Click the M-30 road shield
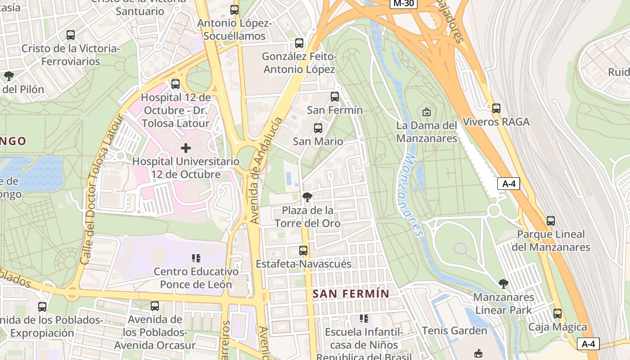point(403,4)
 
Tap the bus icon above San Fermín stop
point(334,97)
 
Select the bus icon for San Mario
point(318,128)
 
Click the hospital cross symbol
point(186,148)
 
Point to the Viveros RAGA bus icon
point(496,108)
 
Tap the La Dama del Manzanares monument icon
point(427,112)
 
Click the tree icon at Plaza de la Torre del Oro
point(307,197)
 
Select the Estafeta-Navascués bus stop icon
point(303,251)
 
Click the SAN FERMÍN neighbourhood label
point(351,294)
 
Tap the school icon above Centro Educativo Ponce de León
point(196,258)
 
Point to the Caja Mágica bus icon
point(558,314)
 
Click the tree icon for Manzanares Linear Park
point(504,284)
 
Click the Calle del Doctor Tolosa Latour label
point(100,189)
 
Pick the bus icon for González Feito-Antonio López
point(299,43)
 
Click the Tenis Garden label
point(454,331)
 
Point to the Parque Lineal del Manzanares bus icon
point(551,221)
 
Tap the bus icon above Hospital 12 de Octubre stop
point(175,84)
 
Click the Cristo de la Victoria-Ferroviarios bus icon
point(71,35)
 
